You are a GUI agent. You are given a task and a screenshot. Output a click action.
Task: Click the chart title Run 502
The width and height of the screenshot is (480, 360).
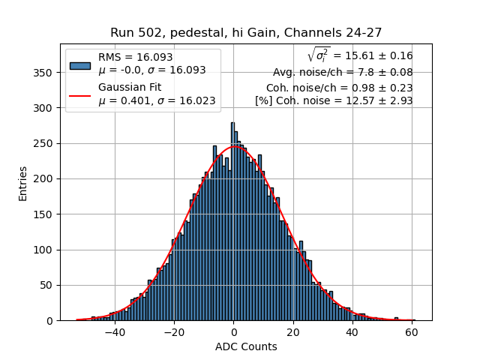click(x=246, y=33)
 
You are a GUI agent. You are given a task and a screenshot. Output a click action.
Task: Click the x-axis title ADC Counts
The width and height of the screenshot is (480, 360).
click(x=246, y=346)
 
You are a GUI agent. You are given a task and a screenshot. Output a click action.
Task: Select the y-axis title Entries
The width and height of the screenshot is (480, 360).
click(x=23, y=183)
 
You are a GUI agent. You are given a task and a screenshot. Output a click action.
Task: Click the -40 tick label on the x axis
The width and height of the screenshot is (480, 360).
click(x=115, y=332)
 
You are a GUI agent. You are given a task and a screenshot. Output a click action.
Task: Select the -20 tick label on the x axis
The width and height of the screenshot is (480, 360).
click(x=174, y=332)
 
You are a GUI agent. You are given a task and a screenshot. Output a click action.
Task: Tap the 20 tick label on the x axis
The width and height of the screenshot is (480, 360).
click(x=293, y=332)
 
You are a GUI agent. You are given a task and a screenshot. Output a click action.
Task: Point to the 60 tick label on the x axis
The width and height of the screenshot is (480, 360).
click(x=412, y=332)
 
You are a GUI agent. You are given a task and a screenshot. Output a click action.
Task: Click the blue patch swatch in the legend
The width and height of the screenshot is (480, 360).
click(x=80, y=64)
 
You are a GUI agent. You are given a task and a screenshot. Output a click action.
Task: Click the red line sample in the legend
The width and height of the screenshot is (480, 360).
click(x=80, y=95)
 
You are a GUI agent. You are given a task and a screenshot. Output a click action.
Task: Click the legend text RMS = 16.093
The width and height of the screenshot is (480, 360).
click(x=135, y=57)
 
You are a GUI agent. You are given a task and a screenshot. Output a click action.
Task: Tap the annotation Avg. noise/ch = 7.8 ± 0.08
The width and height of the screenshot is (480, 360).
click(x=343, y=73)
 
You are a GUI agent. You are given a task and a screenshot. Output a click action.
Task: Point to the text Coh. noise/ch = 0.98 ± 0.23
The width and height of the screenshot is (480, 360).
click(x=339, y=88)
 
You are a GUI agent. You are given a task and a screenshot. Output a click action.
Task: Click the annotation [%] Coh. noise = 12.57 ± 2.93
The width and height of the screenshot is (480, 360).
click(x=334, y=101)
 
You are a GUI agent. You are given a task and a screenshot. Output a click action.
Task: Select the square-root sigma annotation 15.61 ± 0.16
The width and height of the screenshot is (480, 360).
click(x=360, y=55)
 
